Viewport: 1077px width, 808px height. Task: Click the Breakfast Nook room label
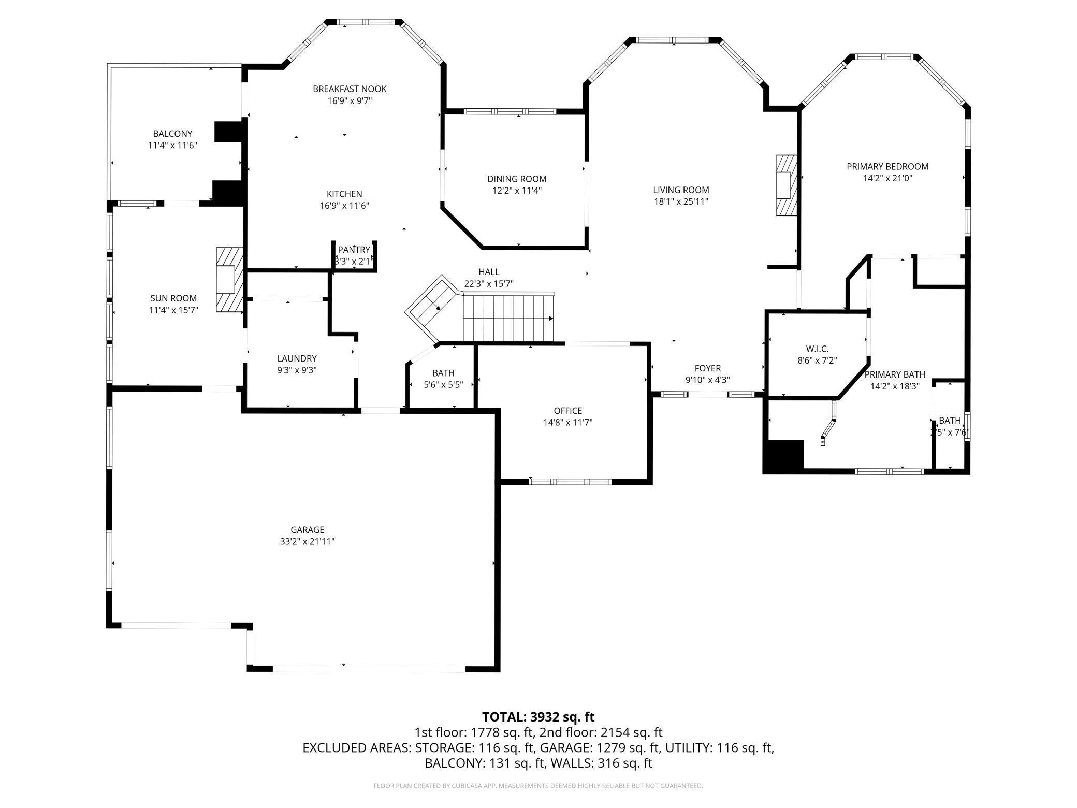pos(350,89)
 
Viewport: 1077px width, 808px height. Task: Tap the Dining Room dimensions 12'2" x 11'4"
pos(517,191)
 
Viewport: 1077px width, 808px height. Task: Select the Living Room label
pos(680,190)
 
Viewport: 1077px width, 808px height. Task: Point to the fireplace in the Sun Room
pos(229,280)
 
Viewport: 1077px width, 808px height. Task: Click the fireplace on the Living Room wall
pos(785,185)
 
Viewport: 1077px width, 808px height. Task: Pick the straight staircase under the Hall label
pos(508,317)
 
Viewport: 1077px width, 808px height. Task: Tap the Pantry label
pos(354,250)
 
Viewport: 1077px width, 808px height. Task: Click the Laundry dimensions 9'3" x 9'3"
pos(297,370)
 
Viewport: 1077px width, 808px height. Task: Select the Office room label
pos(567,411)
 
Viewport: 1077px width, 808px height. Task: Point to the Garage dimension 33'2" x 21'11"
pos(307,542)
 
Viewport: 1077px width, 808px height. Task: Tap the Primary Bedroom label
pos(887,167)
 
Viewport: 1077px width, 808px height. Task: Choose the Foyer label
pos(707,368)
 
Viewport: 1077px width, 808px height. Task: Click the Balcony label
pos(172,134)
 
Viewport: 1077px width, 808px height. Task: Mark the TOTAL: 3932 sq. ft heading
pos(538,717)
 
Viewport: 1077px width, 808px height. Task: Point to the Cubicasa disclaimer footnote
pos(538,786)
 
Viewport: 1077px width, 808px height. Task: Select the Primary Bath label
pos(894,374)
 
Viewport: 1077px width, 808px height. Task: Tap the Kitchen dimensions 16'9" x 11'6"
pos(344,206)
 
